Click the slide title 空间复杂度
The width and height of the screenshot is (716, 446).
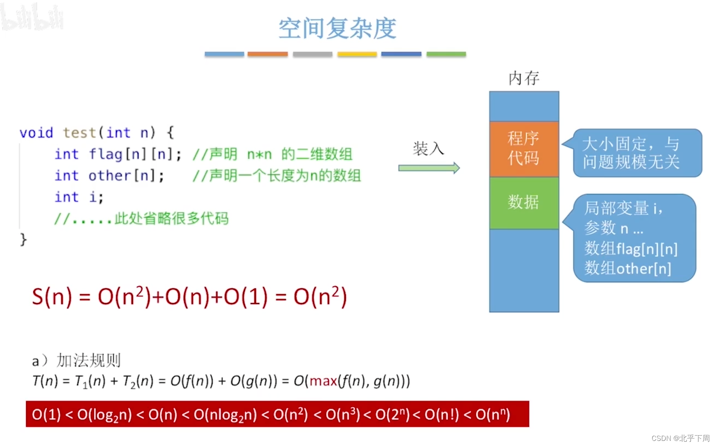pyautogui.click(x=337, y=29)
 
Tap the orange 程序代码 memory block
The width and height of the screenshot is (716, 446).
pyautogui.click(x=524, y=149)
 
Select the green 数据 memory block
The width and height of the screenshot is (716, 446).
pyautogui.click(x=524, y=203)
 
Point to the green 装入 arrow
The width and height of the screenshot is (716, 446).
pyautogui.click(x=429, y=168)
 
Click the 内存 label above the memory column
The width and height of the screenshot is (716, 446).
pyautogui.click(x=524, y=78)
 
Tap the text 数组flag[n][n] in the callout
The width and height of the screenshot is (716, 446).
pyautogui.click(x=631, y=249)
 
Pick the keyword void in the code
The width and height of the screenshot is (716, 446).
pyautogui.click(x=36, y=133)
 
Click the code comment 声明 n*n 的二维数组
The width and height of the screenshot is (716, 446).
pyautogui.click(x=272, y=154)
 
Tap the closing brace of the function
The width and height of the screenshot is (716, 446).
pyautogui.click(x=23, y=240)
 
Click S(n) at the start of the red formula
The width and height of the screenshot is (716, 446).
pyautogui.click(x=52, y=297)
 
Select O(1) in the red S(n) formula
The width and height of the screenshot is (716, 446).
pyautogui.click(x=245, y=297)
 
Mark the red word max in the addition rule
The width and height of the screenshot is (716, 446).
pyautogui.click(x=323, y=381)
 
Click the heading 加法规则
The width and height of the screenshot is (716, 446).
pyautogui.click(x=89, y=361)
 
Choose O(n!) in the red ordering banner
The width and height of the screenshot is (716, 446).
pyautogui.click(x=442, y=415)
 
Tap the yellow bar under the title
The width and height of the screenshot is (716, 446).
pyautogui.click(x=357, y=54)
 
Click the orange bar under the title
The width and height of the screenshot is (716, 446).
pyautogui.click(x=268, y=54)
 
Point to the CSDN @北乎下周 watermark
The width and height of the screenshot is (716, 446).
pyautogui.click(x=681, y=438)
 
